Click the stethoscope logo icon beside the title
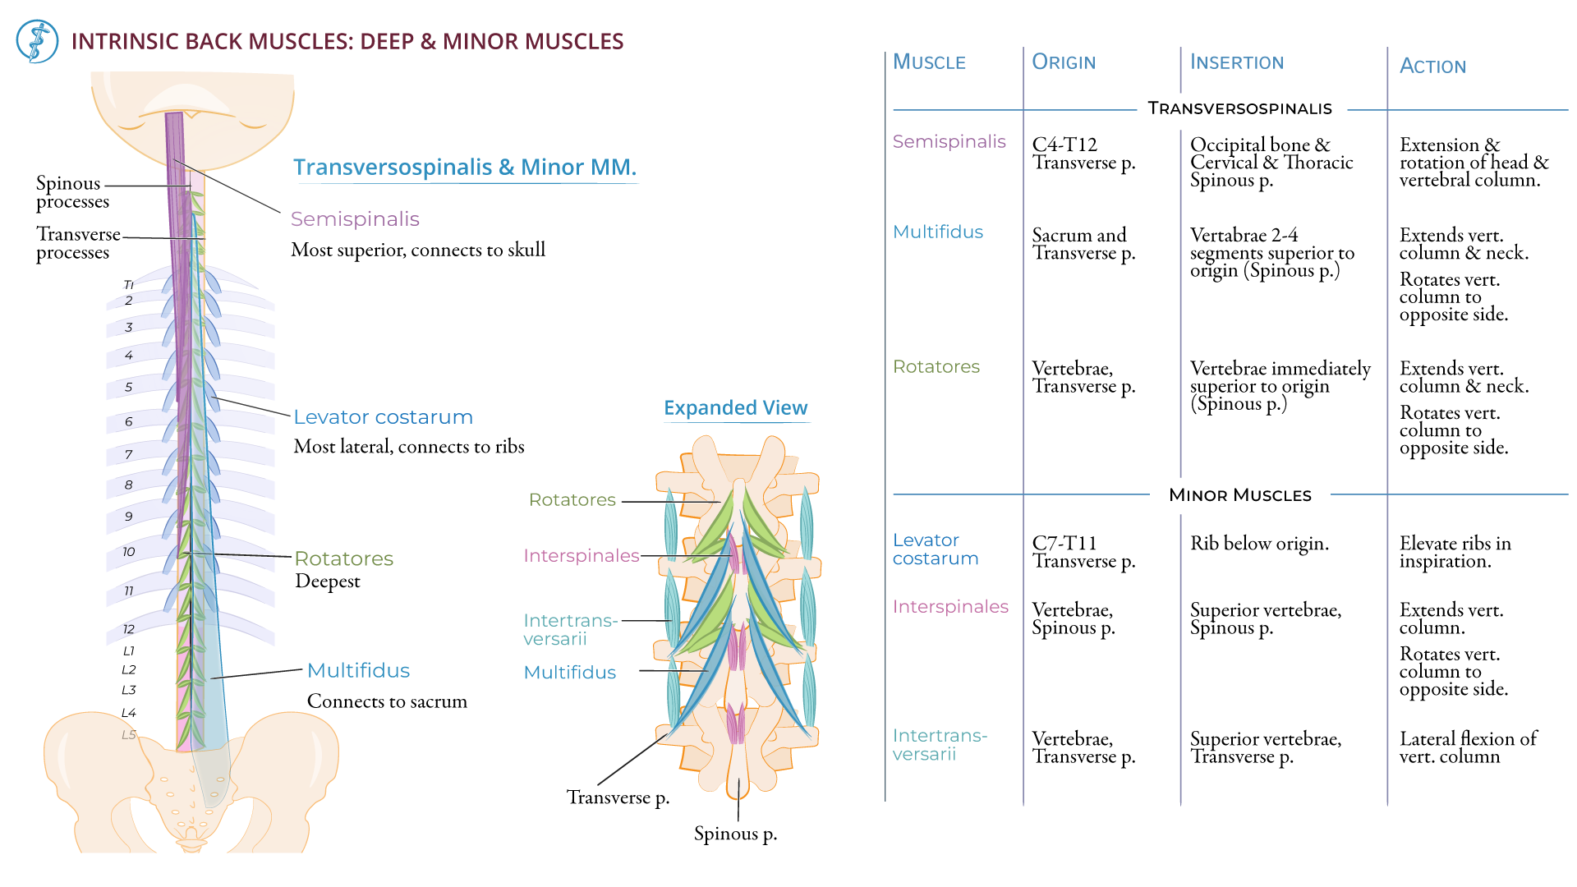point(37,42)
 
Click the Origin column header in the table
point(1064,62)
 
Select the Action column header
point(1432,67)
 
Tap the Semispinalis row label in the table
point(949,142)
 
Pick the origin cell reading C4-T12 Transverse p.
point(1083,154)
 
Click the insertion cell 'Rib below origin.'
point(1258,544)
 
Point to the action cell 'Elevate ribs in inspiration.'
point(1455,552)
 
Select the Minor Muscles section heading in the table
point(1239,495)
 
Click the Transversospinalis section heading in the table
point(1239,108)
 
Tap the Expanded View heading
point(735,408)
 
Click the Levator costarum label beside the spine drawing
point(383,417)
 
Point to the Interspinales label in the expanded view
point(581,556)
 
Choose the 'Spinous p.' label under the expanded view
point(735,834)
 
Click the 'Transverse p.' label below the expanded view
point(618,797)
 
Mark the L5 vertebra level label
point(129,734)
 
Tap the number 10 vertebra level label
point(129,552)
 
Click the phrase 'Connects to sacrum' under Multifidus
point(387,701)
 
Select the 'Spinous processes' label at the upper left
point(71,192)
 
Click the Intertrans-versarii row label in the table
point(939,745)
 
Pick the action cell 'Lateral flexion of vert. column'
point(1467,747)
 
